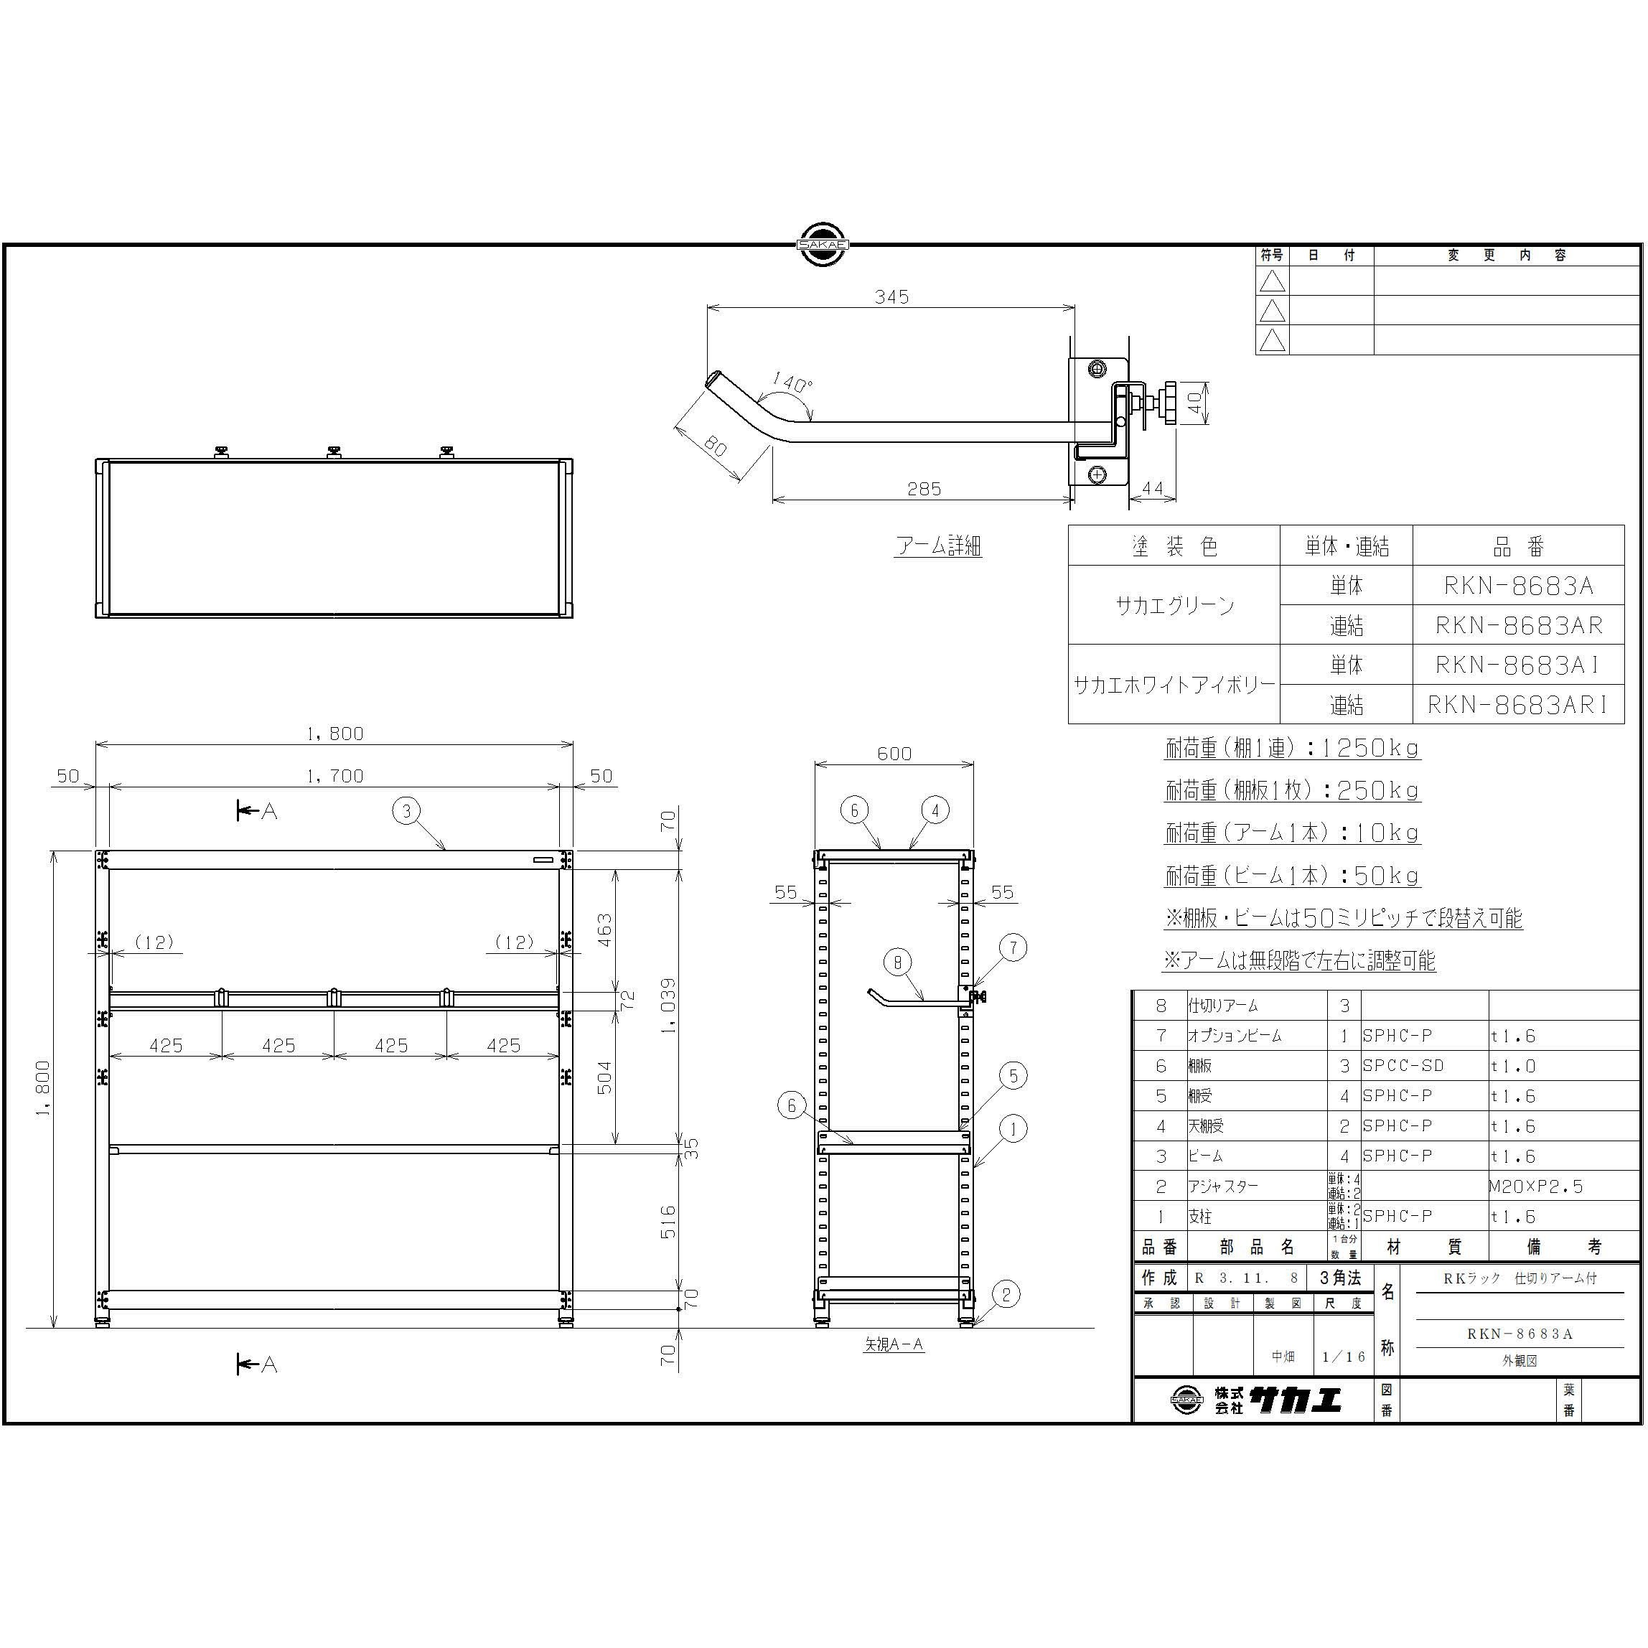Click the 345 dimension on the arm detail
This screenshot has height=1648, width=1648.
[x=891, y=297]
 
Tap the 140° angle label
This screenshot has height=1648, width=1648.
[x=792, y=383]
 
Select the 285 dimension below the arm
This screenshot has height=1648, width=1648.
[x=924, y=489]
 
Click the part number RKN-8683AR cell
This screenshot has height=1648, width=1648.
[x=1518, y=625]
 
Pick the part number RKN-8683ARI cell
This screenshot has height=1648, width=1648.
[x=1518, y=705]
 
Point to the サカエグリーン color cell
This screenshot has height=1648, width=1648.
[x=1174, y=606]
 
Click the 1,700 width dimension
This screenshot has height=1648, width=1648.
[x=334, y=775]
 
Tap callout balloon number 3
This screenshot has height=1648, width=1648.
[x=407, y=810]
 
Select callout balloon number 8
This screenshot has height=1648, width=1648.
[x=897, y=963]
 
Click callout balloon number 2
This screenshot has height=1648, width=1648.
[x=1006, y=1294]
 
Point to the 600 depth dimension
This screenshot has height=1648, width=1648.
[x=894, y=753]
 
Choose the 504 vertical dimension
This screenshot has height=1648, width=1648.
[x=604, y=1077]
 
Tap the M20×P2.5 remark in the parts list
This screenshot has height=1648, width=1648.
[x=1535, y=1186]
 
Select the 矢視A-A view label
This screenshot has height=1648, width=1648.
[x=893, y=1344]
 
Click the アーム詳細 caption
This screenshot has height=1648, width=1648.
[x=938, y=546]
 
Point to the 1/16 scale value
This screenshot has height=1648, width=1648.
[x=1344, y=1357]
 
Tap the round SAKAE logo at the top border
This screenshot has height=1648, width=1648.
[x=823, y=244]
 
